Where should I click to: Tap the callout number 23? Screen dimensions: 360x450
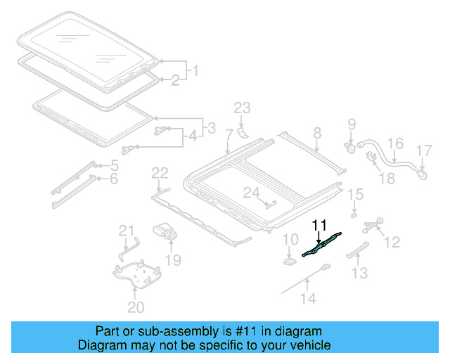click(242, 108)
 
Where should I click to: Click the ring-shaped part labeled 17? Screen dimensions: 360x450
click(421, 169)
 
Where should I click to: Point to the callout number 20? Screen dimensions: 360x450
click(135, 307)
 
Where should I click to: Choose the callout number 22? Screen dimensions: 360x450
click(160, 173)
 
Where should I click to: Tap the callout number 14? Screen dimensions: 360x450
click(309, 297)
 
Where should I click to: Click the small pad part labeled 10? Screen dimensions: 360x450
click(289, 261)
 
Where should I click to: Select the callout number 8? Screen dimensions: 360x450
click(317, 133)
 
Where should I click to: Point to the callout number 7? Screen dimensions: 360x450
click(229, 134)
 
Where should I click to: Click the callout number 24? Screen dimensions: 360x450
click(251, 192)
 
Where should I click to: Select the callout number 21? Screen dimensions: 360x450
click(126, 230)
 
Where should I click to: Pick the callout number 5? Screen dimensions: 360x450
click(114, 166)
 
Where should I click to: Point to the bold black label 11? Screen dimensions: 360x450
click(320, 225)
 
